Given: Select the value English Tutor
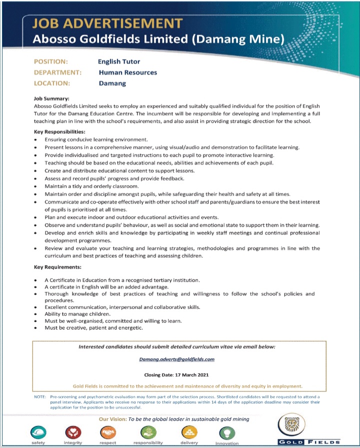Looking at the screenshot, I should click(119, 61).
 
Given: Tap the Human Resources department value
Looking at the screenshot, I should click(128, 72).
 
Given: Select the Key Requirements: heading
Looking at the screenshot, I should click(57, 267).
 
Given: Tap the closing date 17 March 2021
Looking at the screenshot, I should click(191, 374).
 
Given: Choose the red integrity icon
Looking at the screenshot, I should click(73, 431).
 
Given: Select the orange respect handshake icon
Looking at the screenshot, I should click(108, 431).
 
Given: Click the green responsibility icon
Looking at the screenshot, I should click(147, 431).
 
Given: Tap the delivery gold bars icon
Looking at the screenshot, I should click(189, 431).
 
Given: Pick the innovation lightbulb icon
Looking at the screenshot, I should click(226, 431).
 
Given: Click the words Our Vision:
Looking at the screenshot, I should click(112, 419).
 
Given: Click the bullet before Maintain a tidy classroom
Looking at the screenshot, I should click(36, 186).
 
